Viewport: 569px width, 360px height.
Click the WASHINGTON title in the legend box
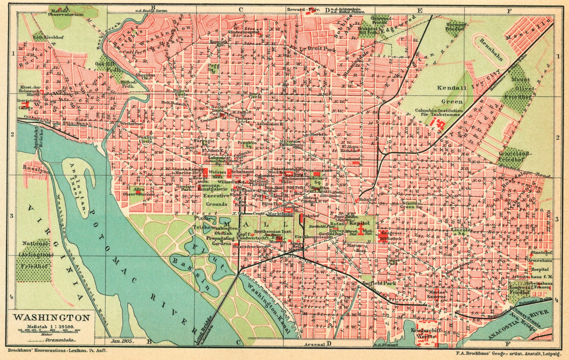(51, 318)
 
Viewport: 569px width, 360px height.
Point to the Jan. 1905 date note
(122, 341)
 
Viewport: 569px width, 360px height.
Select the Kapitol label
(358, 223)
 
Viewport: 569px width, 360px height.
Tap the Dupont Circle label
(181, 92)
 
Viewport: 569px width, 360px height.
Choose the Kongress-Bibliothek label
(390, 236)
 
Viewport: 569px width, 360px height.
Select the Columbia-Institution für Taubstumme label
(439, 112)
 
